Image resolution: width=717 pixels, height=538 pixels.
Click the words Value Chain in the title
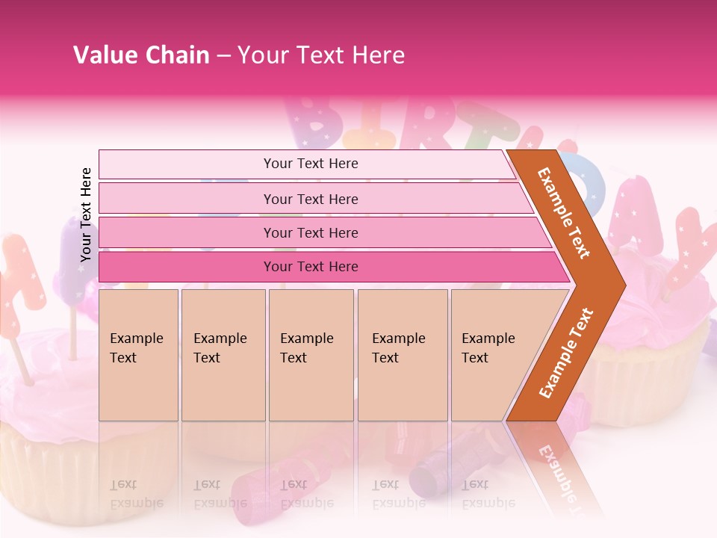[141, 55]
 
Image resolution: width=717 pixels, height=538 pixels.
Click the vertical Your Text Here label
[86, 214]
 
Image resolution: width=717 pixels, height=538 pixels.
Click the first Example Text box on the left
[138, 355]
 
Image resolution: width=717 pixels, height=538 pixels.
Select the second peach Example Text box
[223, 355]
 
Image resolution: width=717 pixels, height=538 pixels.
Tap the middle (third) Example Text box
[311, 355]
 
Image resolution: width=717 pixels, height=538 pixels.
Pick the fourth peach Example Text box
[403, 355]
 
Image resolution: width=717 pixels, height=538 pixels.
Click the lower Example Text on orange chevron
[566, 353]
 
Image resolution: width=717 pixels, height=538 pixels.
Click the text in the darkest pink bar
[311, 267]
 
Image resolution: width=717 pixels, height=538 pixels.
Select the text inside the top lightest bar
[311, 164]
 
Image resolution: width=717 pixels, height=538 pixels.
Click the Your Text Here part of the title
[321, 55]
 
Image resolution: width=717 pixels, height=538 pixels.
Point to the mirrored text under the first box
[136, 494]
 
